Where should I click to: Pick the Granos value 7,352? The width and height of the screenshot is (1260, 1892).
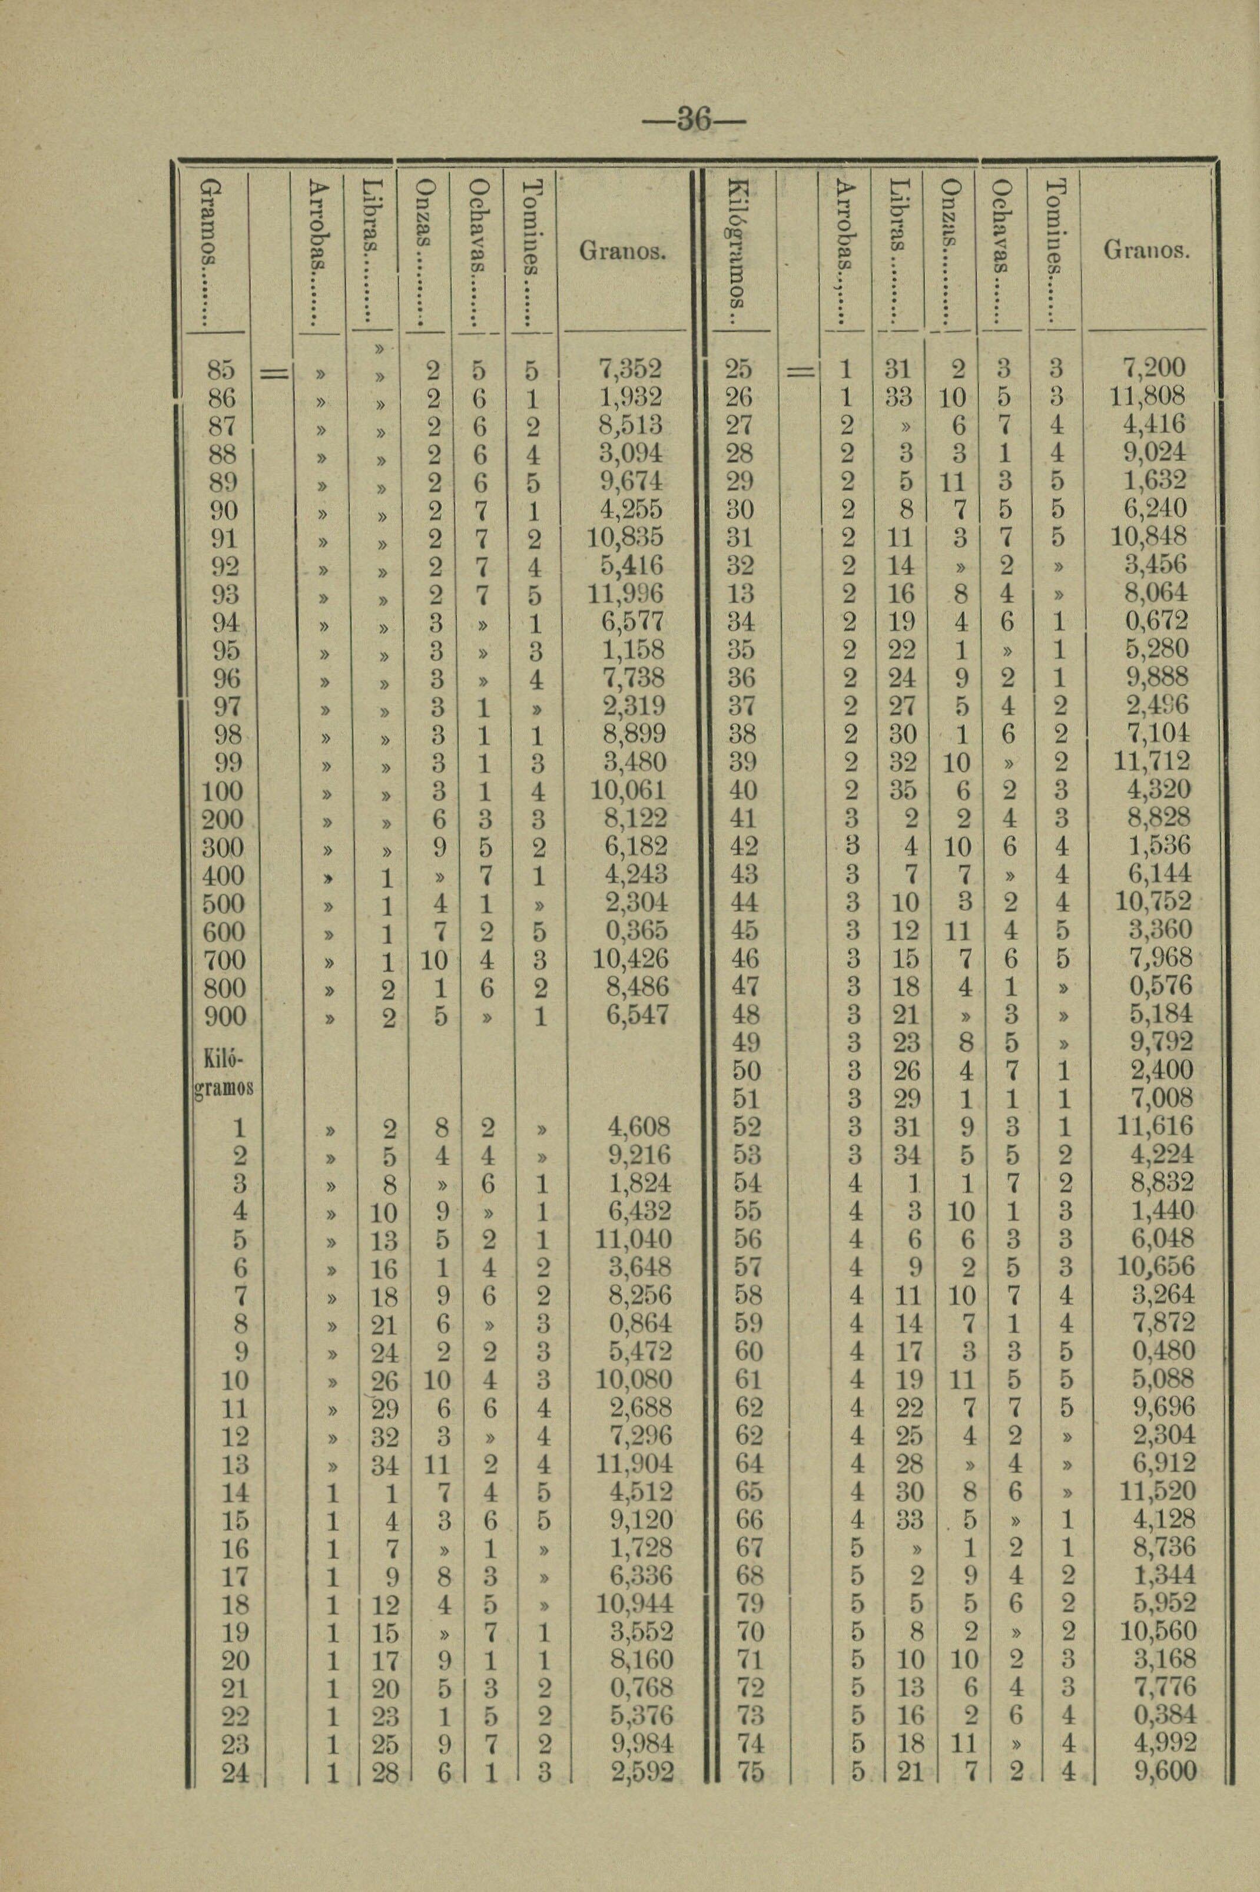pyautogui.click(x=630, y=369)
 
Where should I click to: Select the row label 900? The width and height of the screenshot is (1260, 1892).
pyautogui.click(x=224, y=1016)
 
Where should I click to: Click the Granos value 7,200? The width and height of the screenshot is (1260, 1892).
pyautogui.click(x=1154, y=369)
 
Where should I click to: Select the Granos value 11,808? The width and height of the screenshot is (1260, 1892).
pyautogui.click(x=1148, y=397)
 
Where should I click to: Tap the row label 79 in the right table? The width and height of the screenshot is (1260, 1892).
pyautogui.click(x=748, y=1603)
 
